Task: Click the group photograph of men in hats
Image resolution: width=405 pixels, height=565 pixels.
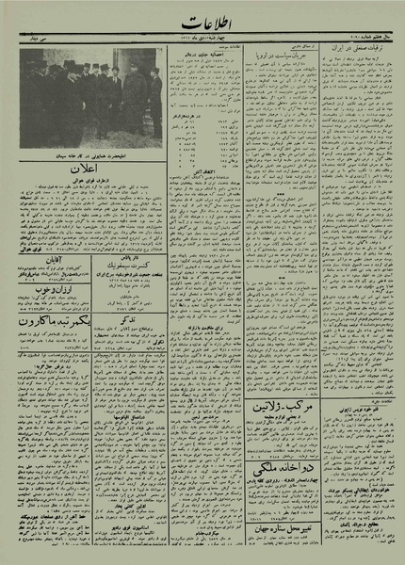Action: click(91, 95)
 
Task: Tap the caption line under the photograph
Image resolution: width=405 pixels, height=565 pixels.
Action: click(92, 152)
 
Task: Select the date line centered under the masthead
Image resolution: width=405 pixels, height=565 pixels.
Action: click(202, 40)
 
